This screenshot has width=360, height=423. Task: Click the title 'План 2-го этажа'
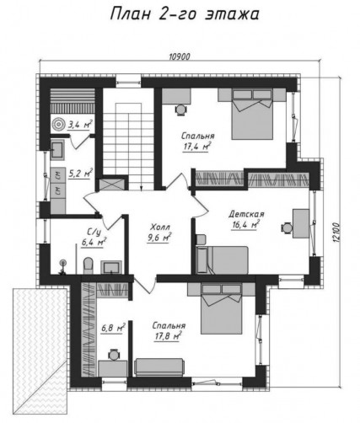(x=185, y=14)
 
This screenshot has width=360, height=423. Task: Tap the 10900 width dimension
(x=180, y=56)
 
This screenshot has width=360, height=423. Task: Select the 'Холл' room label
(x=160, y=227)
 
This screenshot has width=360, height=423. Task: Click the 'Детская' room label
(x=246, y=214)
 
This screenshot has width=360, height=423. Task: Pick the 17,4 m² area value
(x=197, y=147)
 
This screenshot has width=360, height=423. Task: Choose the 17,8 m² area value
(x=168, y=336)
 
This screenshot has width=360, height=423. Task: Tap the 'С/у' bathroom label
(x=94, y=233)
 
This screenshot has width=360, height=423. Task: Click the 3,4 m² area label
(x=80, y=125)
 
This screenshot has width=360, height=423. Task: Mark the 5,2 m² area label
(x=80, y=174)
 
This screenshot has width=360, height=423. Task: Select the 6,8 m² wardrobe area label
(x=112, y=328)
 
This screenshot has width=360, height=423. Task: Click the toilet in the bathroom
(x=88, y=265)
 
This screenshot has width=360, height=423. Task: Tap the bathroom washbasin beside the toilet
(x=111, y=267)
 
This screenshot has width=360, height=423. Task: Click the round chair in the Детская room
(x=287, y=227)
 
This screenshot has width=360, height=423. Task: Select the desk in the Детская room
(x=301, y=223)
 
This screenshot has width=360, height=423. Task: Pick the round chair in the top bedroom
(x=181, y=110)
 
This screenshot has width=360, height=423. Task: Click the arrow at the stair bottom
(x=142, y=187)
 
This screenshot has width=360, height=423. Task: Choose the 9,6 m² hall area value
(x=159, y=238)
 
